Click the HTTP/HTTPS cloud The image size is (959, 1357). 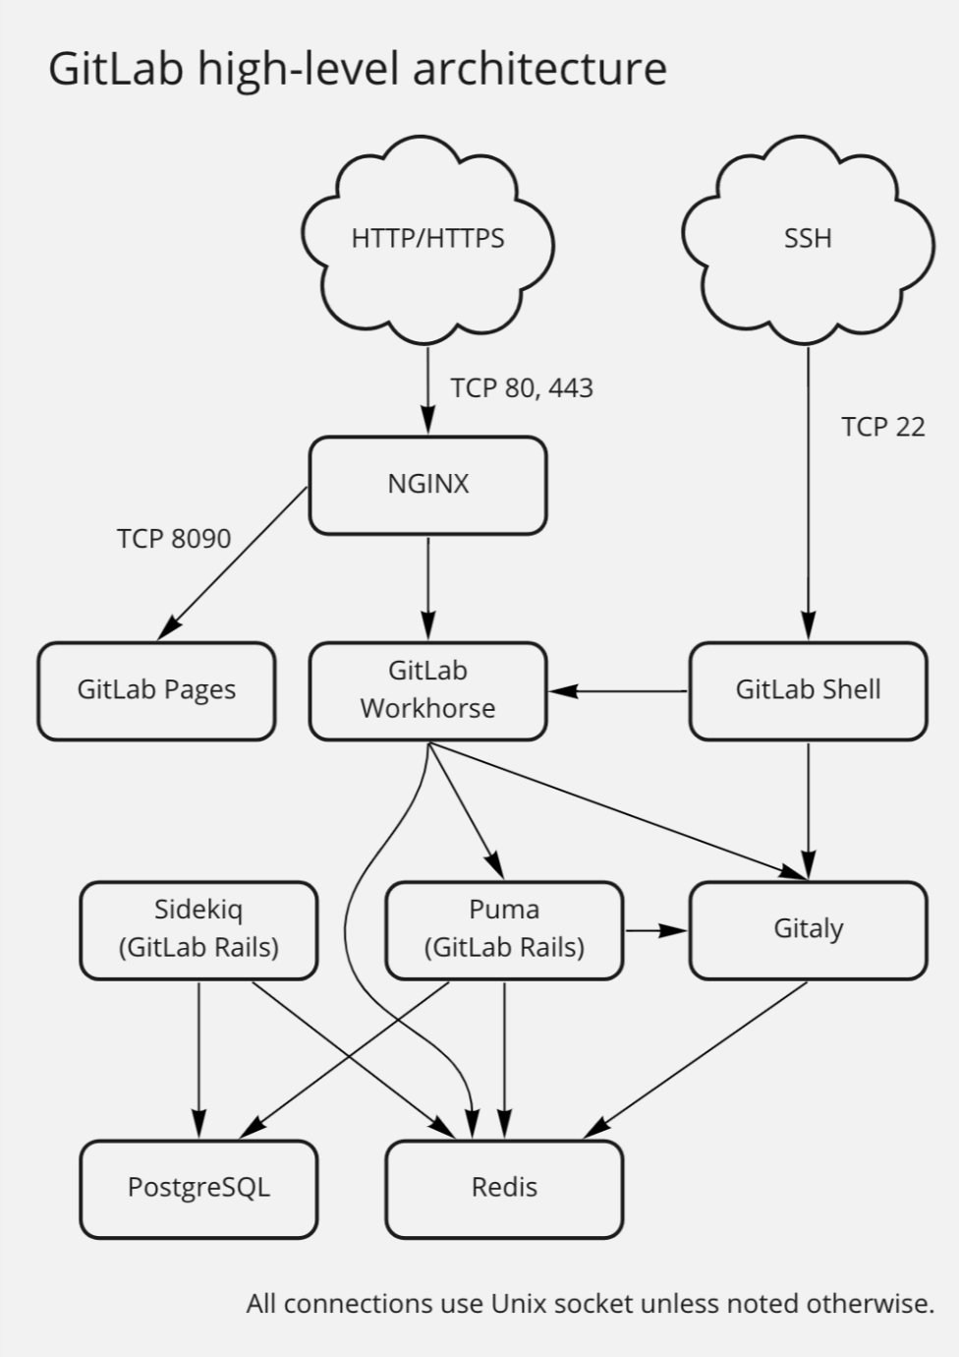(x=427, y=239)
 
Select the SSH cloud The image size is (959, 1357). (x=808, y=239)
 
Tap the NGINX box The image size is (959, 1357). (x=427, y=485)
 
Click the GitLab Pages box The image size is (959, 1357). (x=156, y=690)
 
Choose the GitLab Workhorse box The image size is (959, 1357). (x=427, y=690)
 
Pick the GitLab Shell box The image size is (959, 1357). (x=808, y=690)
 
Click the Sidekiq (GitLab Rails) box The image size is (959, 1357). (x=198, y=929)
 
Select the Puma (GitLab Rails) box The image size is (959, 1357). (x=504, y=929)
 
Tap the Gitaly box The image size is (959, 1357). (x=808, y=929)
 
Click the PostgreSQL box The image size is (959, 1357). (x=198, y=1188)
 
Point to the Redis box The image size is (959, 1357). (x=504, y=1188)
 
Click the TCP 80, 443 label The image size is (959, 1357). (x=522, y=388)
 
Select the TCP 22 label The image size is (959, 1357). (x=882, y=427)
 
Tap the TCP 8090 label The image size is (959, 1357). (x=174, y=539)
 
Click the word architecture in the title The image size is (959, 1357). (x=539, y=69)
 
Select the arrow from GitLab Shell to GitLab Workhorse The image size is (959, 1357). (x=618, y=691)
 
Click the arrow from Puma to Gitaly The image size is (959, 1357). (x=656, y=929)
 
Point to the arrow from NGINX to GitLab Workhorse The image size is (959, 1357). (x=427, y=587)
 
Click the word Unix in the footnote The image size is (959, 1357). (x=518, y=1304)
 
